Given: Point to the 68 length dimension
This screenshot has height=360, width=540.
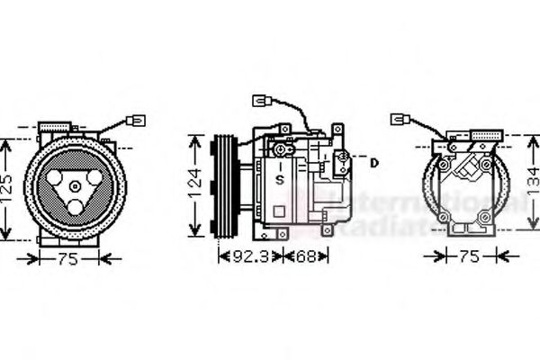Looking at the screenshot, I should pyautogui.click(x=306, y=256).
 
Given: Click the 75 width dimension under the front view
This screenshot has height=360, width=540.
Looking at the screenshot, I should pyautogui.click(x=67, y=259).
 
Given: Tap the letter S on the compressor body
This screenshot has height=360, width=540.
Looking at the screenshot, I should pyautogui.click(x=281, y=180).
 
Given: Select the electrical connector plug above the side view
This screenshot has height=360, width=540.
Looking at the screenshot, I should pyautogui.click(x=263, y=102).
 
